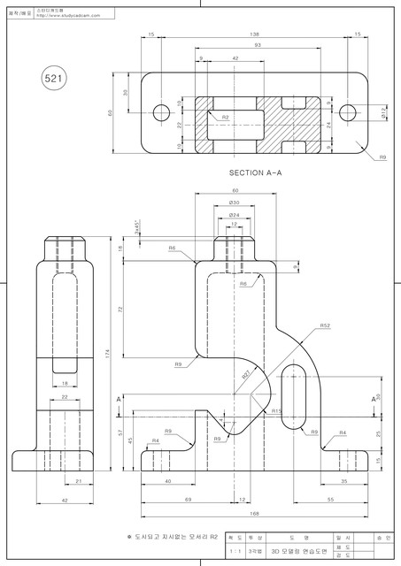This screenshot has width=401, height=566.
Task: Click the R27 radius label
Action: coord(247,377)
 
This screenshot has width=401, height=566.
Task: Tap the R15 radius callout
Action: coord(276,410)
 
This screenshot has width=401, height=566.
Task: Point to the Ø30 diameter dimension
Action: coord(235,203)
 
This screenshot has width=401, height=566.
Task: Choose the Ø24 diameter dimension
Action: coord(235,214)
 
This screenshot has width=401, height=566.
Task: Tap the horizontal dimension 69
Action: coord(189,500)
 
